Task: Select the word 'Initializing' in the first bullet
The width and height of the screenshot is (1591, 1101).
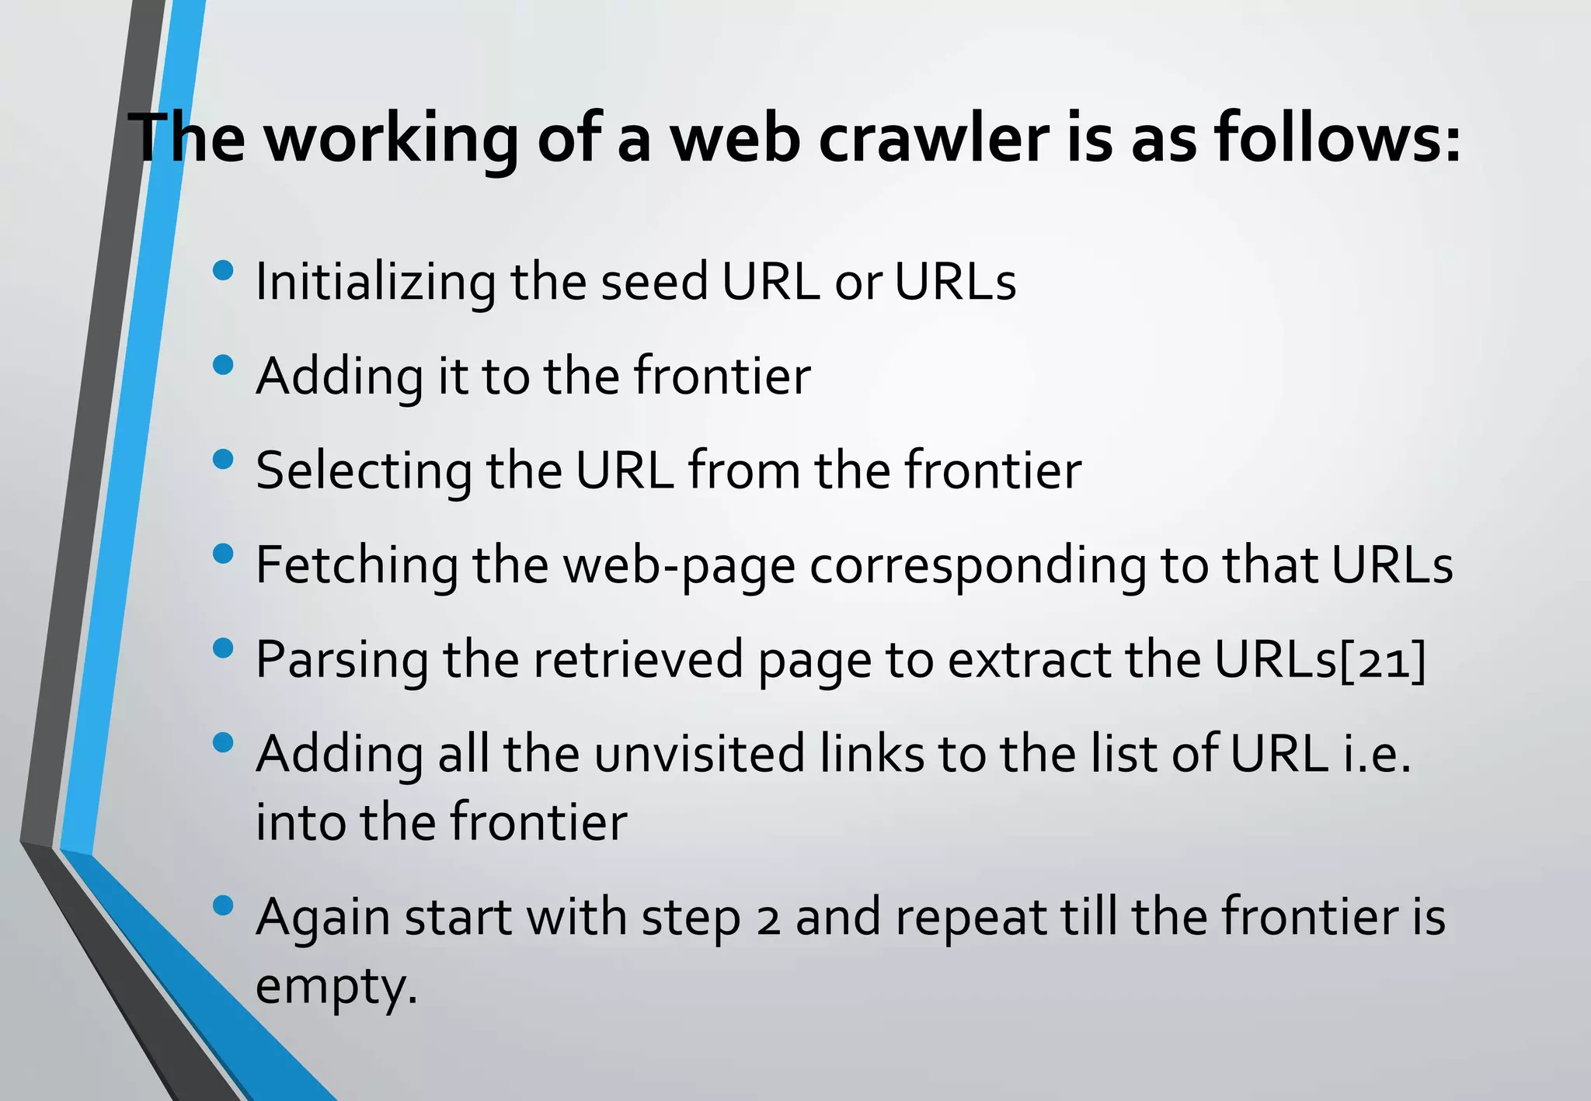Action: coord(375,282)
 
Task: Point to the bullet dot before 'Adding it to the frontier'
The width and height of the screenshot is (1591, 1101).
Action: coord(222,365)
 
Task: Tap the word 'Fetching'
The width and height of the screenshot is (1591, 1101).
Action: coord(357,565)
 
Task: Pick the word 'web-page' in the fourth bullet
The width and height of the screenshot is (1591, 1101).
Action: coord(679,565)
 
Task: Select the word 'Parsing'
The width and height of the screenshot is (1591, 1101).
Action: coord(342,660)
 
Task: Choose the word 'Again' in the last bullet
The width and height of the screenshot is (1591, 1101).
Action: coord(323,919)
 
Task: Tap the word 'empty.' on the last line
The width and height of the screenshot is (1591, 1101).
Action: coord(336,987)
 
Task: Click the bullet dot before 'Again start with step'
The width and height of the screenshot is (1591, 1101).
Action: coord(222,905)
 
